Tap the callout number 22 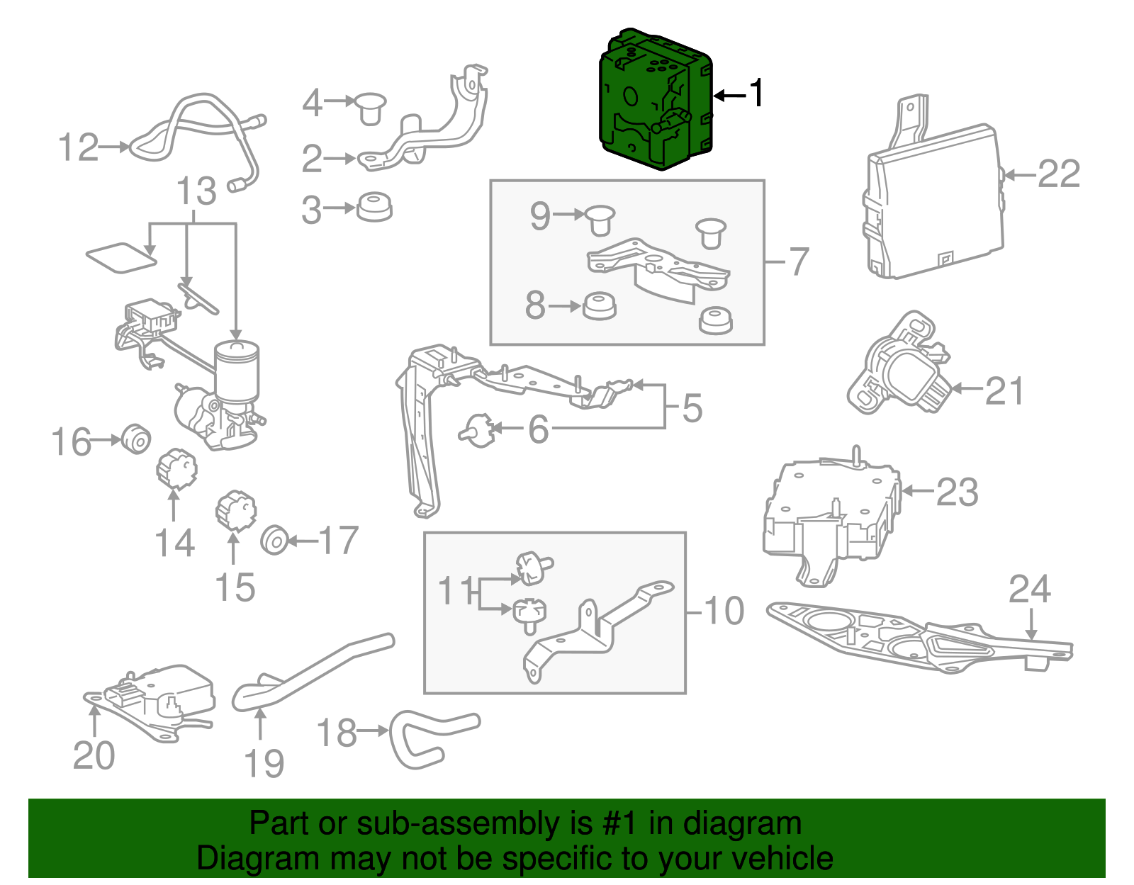[1058, 174]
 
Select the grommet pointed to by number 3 [374, 207]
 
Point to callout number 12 [77, 147]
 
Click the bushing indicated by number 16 [135, 439]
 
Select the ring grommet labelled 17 [274, 541]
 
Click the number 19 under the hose [264, 764]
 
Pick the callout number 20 [94, 756]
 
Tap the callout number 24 [1030, 590]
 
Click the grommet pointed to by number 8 [599, 307]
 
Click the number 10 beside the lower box [724, 611]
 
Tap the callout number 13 [196, 191]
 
